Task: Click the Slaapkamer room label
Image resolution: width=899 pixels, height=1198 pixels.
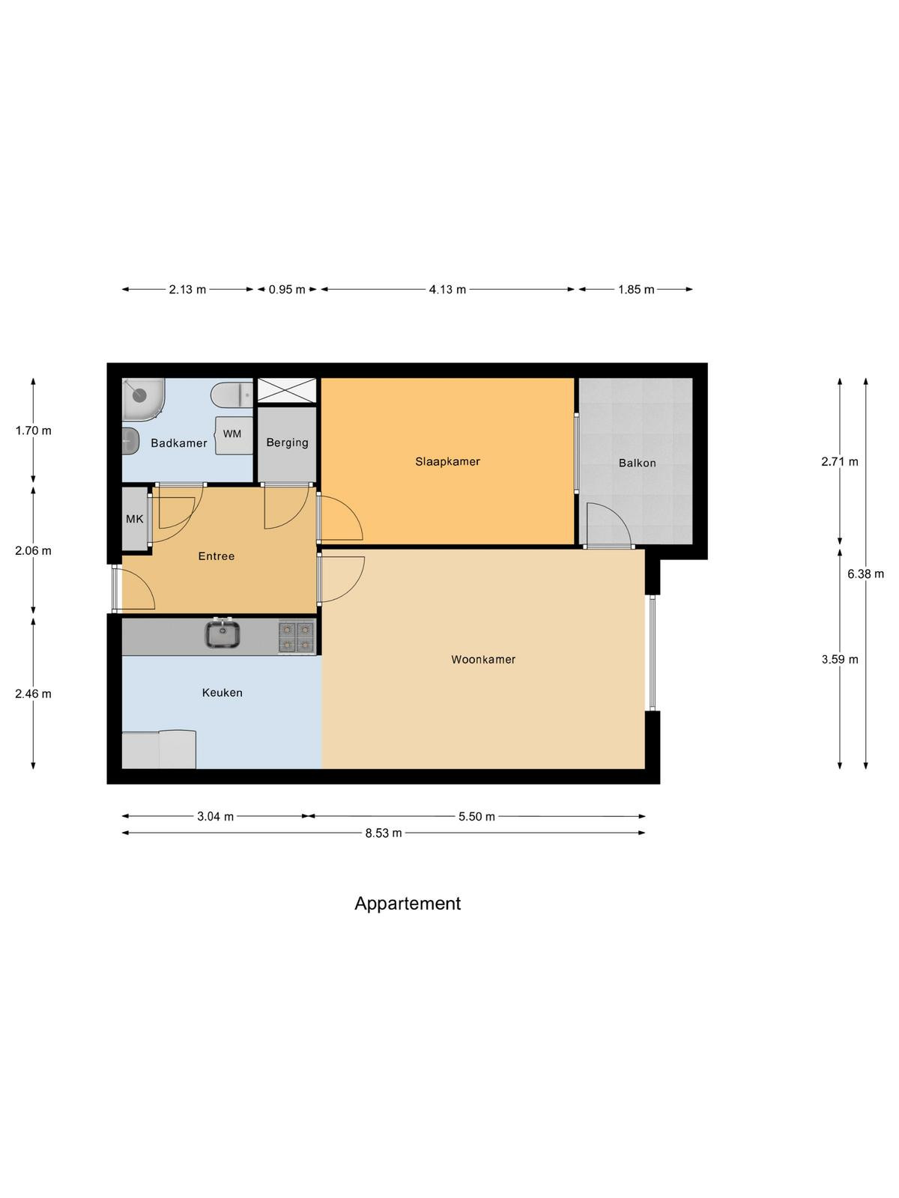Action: coord(447,461)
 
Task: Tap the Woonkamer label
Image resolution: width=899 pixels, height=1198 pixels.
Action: coord(483,660)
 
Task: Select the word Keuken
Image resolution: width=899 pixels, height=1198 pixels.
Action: coord(223,693)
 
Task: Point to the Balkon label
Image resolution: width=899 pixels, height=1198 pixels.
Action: coord(637,463)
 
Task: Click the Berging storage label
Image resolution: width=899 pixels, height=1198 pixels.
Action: coord(287,443)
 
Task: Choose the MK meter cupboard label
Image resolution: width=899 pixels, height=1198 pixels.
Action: coord(134,518)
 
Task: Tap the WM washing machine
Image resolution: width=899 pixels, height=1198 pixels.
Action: coord(234,435)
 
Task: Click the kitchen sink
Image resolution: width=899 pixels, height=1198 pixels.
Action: coord(223,635)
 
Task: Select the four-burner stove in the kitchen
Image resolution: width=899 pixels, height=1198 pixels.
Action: coord(297,637)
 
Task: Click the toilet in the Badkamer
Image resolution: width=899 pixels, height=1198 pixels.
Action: coord(231,395)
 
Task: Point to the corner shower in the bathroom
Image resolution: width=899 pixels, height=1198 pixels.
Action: coord(142,399)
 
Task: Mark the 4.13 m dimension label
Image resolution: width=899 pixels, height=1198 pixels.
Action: coord(447,289)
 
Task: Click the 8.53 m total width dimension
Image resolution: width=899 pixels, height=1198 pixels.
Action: coord(383,833)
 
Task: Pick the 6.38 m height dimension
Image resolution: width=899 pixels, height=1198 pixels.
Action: coord(865,574)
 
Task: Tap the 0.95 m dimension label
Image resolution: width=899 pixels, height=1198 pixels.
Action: coord(287,289)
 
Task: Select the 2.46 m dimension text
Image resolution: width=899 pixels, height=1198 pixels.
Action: coord(33,693)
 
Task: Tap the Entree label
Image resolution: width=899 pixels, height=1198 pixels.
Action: coord(217,556)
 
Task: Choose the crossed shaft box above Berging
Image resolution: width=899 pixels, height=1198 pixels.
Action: coord(287,390)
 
